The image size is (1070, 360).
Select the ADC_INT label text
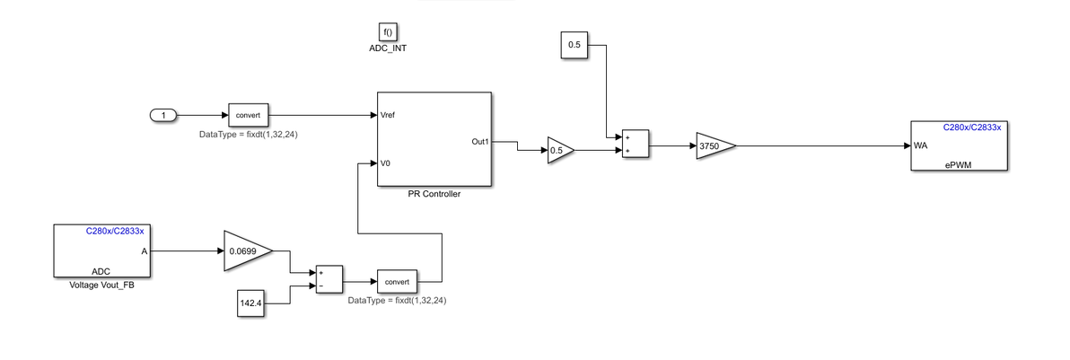point(388,48)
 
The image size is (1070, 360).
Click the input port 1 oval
point(162,115)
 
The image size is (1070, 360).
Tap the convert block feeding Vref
point(249,115)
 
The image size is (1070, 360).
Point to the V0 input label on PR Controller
point(386,163)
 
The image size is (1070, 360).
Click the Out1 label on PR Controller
point(479,142)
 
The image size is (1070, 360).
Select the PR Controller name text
point(434,194)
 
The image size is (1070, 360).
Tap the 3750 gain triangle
point(713,145)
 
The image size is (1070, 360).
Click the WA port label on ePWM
point(920,145)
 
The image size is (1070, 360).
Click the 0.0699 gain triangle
point(245,251)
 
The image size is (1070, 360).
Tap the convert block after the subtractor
point(398,282)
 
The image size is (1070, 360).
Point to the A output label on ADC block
point(144,251)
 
